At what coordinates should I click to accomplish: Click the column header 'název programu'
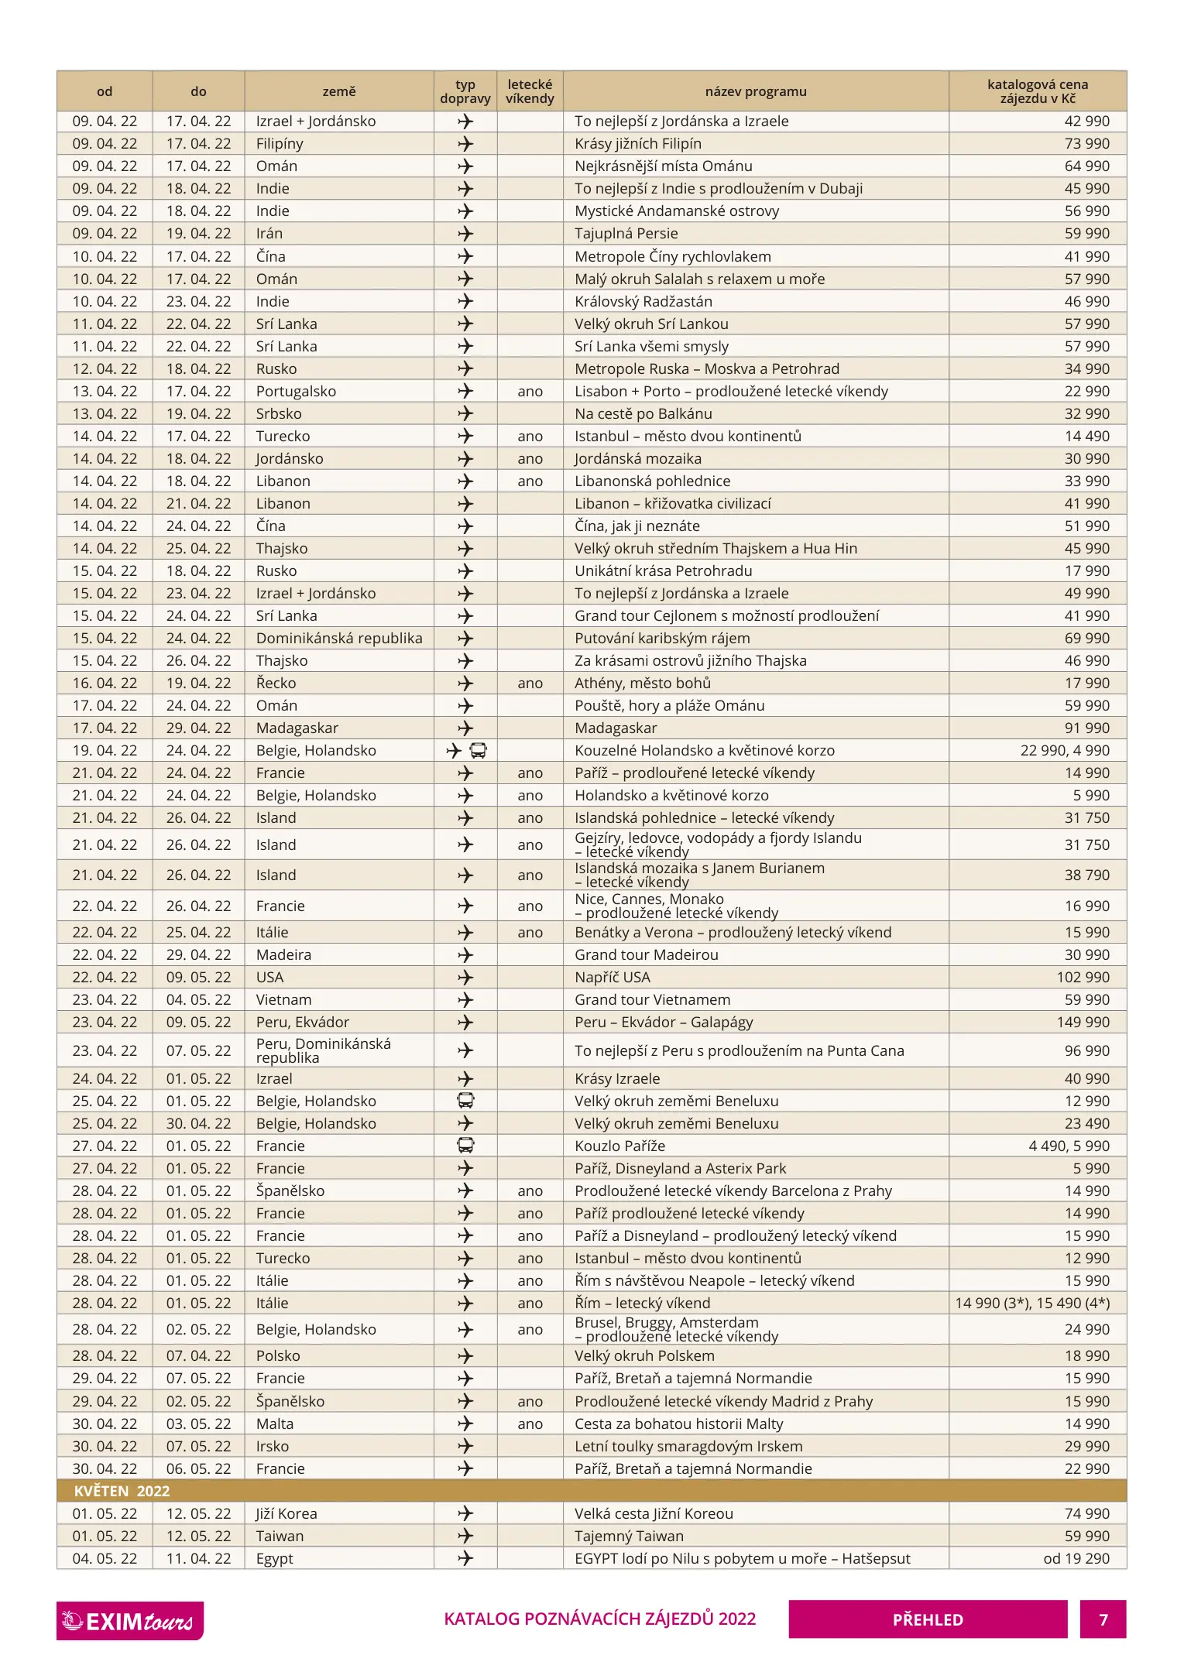pyautogui.click(x=755, y=91)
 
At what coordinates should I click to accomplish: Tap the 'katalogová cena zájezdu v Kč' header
pyautogui.click(x=1037, y=91)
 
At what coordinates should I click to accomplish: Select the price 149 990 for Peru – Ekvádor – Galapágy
pyautogui.click(x=1083, y=1022)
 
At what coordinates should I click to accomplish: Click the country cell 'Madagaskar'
pyautogui.click(x=297, y=728)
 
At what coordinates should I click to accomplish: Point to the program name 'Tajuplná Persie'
pyautogui.click(x=626, y=233)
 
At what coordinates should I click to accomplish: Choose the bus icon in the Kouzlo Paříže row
pyautogui.click(x=465, y=1145)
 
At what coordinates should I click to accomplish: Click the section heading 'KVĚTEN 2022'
pyautogui.click(x=122, y=1491)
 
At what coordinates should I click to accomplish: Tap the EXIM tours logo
pyautogui.click(x=129, y=1620)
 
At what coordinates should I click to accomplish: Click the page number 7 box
pyautogui.click(x=1103, y=1619)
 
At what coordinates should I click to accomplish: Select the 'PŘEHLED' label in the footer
pyautogui.click(x=927, y=1619)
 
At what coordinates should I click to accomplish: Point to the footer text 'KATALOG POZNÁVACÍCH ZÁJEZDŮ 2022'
pyautogui.click(x=599, y=1619)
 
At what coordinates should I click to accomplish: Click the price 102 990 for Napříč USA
pyautogui.click(x=1083, y=977)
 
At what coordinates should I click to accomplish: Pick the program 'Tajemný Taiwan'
pyautogui.click(x=629, y=1536)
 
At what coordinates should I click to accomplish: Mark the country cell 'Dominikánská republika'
pyautogui.click(x=339, y=638)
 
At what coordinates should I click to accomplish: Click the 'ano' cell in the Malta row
pyautogui.click(x=530, y=1424)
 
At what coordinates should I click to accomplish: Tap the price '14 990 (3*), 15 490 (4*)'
pyautogui.click(x=1031, y=1303)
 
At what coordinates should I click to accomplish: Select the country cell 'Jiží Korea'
pyautogui.click(x=286, y=1513)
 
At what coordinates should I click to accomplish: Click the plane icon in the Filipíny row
pyautogui.click(x=465, y=143)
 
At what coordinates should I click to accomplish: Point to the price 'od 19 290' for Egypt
pyautogui.click(x=1076, y=1558)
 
